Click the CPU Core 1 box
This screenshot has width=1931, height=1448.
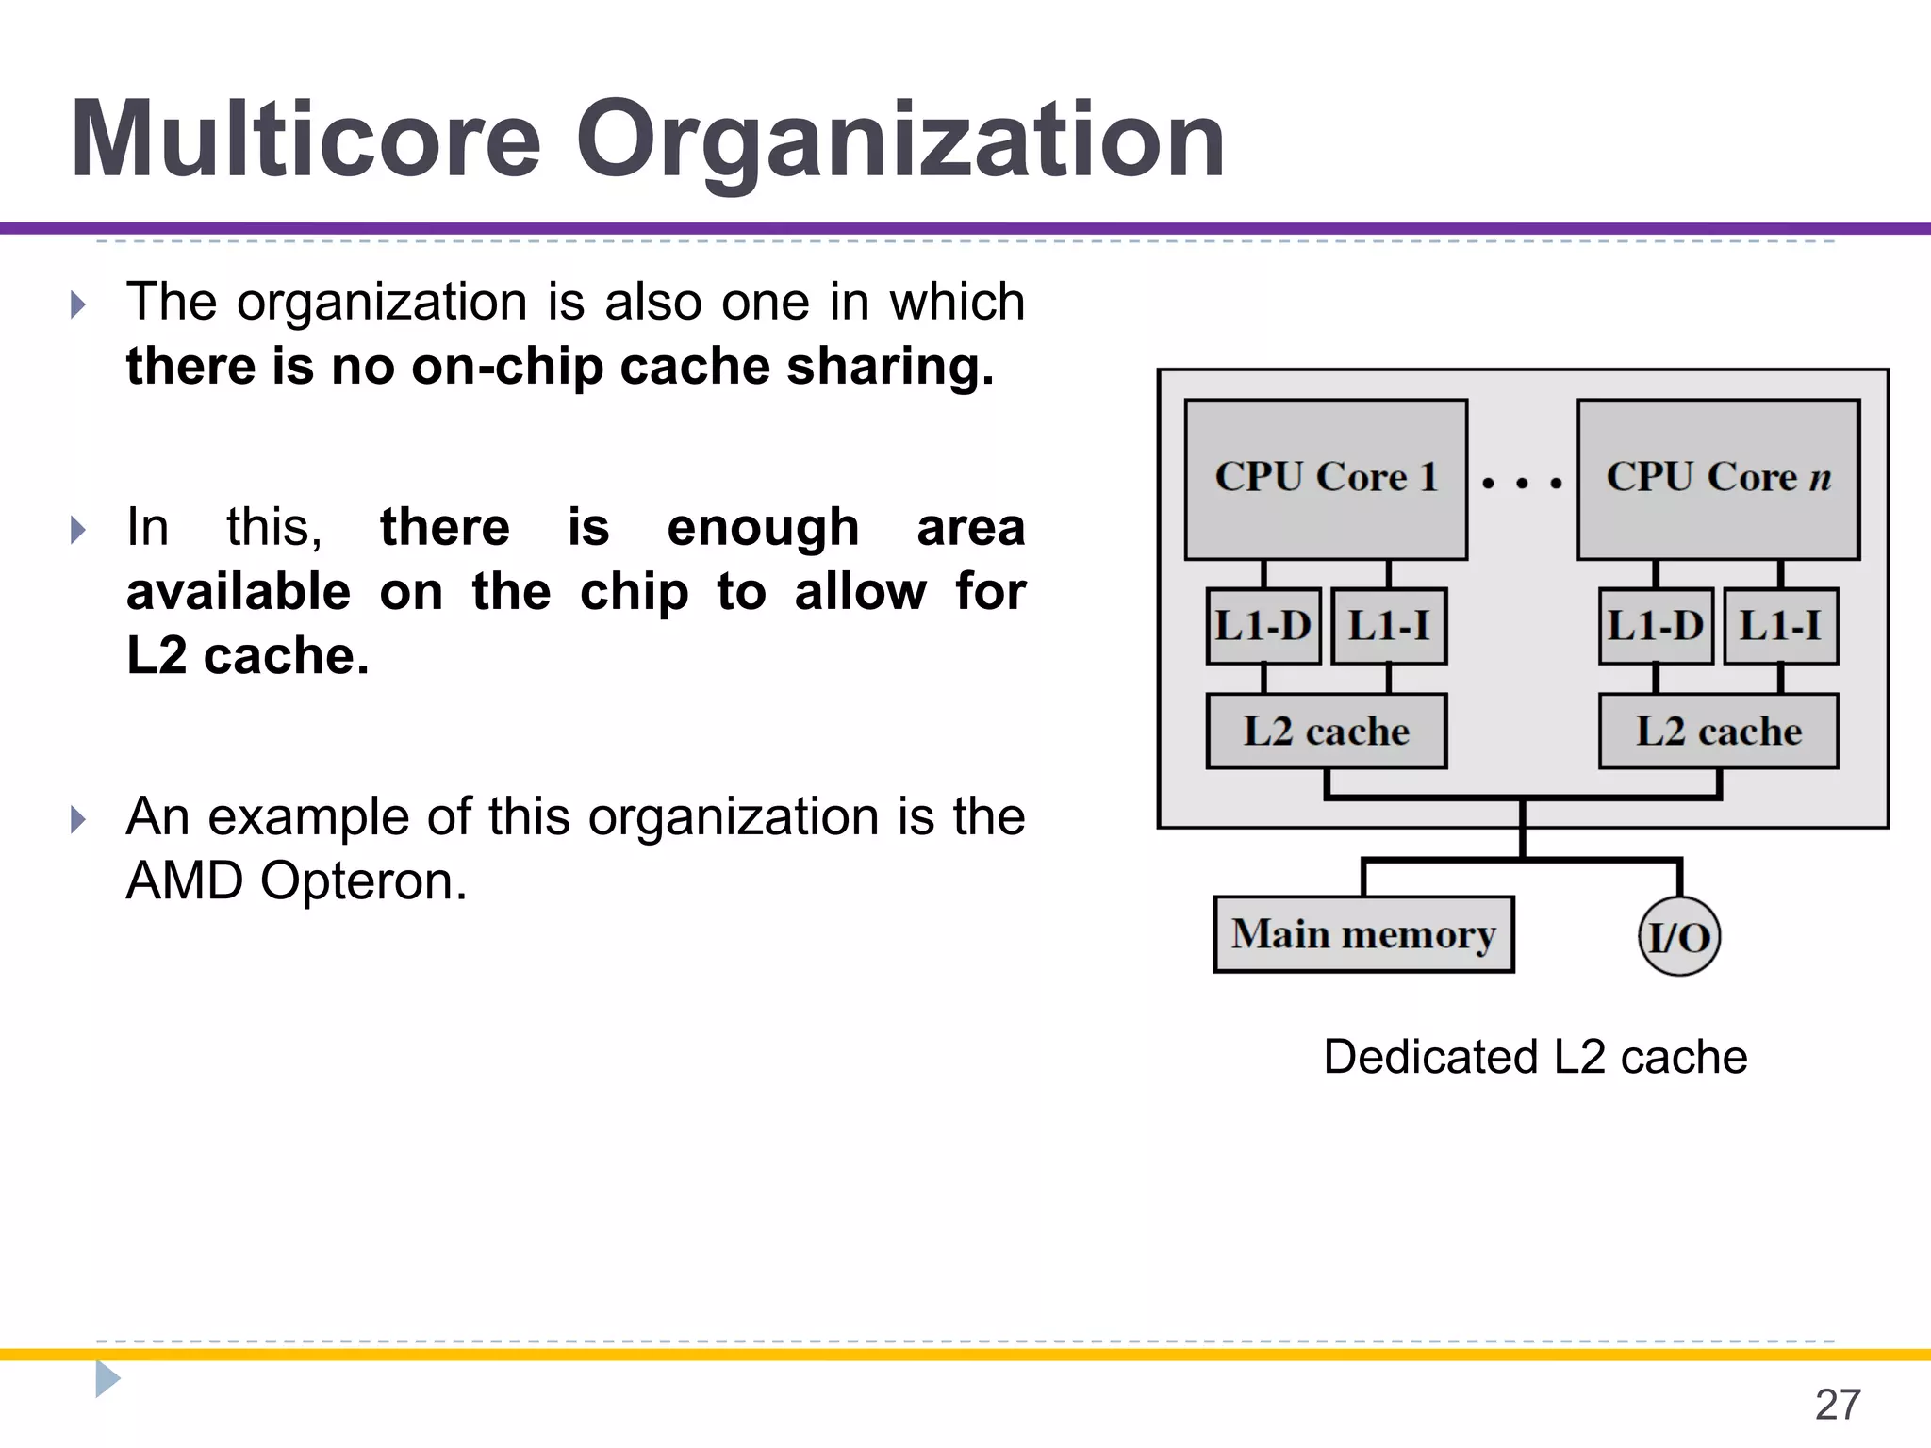(1326, 479)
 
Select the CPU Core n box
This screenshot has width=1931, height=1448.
(1718, 479)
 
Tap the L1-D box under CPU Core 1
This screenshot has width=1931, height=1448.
(1263, 626)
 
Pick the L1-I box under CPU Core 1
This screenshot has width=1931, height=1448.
(1389, 626)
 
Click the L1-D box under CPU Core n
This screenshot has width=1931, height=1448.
(1656, 626)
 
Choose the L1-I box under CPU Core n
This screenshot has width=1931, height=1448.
(1781, 626)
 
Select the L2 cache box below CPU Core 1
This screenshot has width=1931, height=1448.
(1326, 732)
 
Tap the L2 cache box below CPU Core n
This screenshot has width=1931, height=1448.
(1718, 732)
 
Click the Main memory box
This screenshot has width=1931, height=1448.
(1363, 934)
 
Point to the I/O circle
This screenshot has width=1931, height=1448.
(1679, 937)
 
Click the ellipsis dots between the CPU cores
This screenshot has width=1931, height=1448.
(1522, 484)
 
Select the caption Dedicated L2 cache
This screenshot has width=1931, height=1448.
(1535, 1057)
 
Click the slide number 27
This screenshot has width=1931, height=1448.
(1838, 1405)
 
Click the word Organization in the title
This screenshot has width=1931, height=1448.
(900, 141)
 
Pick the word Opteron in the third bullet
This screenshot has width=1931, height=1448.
(364, 881)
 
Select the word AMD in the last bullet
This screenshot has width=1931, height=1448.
(185, 881)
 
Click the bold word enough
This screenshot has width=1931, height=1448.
(763, 527)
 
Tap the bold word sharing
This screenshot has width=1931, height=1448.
(890, 367)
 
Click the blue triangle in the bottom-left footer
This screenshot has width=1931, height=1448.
(107, 1379)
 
